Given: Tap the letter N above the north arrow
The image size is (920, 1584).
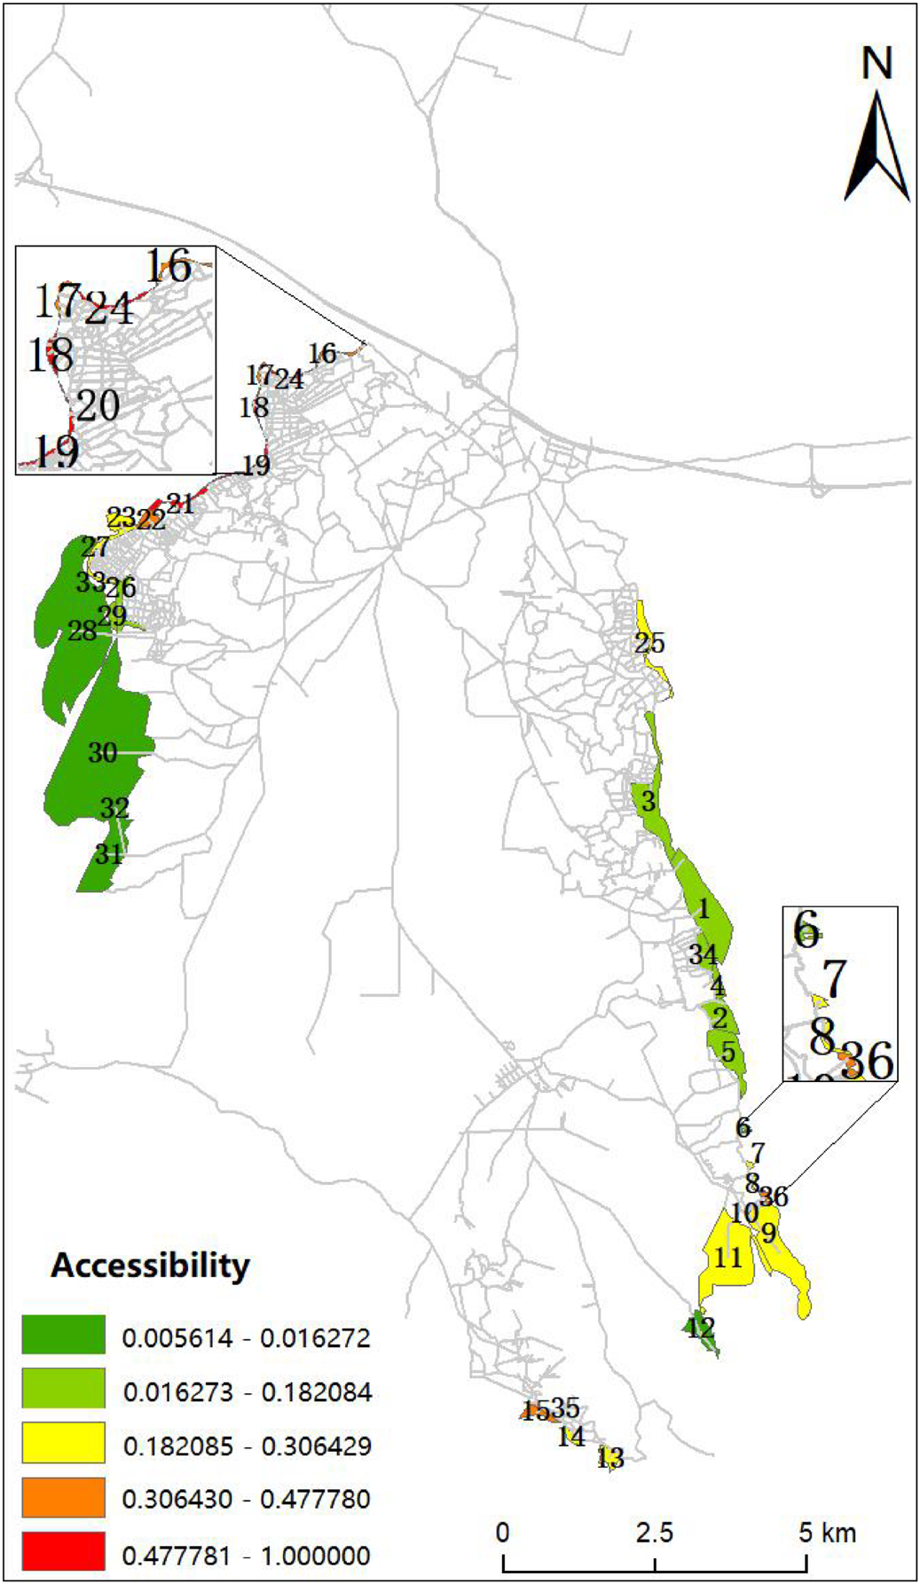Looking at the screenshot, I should click(x=877, y=65).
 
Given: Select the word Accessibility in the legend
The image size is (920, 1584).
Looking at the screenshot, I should click(x=150, y=1265).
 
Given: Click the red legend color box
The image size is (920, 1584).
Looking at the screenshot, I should click(x=63, y=1554).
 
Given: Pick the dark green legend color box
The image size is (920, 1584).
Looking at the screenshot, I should click(x=63, y=1336).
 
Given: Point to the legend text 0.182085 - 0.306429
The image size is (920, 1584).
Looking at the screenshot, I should click(x=247, y=1446).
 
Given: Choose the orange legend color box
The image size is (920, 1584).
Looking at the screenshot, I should click(x=63, y=1499).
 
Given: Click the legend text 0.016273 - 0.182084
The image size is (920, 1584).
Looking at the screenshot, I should click(x=247, y=1392).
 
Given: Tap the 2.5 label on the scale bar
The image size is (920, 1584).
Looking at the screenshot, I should click(x=654, y=1533).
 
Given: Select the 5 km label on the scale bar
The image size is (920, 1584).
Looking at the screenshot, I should click(x=827, y=1533).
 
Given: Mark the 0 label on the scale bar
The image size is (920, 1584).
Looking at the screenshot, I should click(x=503, y=1533).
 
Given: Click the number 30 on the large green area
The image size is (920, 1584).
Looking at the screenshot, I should click(x=103, y=753).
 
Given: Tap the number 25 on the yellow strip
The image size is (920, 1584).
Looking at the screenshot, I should click(x=649, y=643).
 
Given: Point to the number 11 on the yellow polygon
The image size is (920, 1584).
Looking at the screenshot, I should click(x=727, y=1257).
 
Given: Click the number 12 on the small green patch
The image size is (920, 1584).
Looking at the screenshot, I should click(x=700, y=1328).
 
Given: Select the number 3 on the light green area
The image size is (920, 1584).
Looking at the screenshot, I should click(x=649, y=802).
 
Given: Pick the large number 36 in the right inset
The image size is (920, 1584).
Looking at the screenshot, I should click(x=867, y=1060).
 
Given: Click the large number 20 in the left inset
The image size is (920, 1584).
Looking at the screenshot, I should click(x=98, y=406).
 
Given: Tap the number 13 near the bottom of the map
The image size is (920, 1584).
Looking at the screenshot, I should click(x=610, y=1457).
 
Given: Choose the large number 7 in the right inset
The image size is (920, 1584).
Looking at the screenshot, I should click(x=835, y=979).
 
